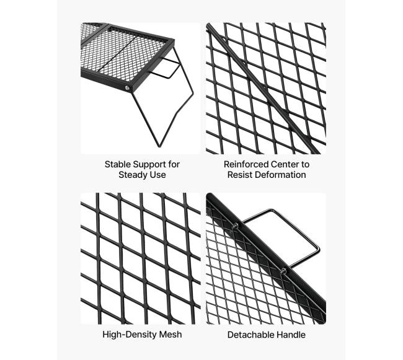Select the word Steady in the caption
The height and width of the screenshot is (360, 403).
[133, 175]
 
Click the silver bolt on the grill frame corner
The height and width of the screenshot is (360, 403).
[127, 88]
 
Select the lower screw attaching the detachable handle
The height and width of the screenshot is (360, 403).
[283, 270]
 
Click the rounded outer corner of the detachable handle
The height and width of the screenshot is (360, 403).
[317, 249]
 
